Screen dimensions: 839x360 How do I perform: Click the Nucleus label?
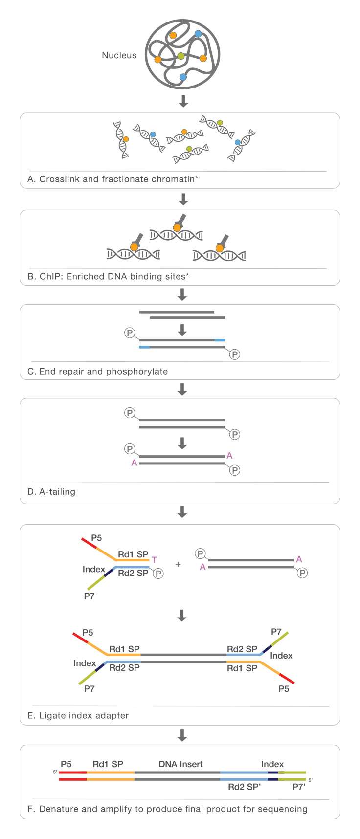point(119,55)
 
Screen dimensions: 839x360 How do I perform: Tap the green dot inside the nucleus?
point(181,56)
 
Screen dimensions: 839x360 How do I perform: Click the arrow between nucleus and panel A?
point(183,101)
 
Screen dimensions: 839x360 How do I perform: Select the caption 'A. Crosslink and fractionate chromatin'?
point(112,179)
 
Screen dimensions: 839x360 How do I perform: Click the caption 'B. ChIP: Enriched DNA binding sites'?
point(108,276)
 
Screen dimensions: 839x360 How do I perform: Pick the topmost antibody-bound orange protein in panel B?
point(177,226)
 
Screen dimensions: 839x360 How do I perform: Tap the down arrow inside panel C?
point(182,330)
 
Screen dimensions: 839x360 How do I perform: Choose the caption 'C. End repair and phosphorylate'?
point(97,371)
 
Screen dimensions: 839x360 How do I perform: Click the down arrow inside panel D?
point(182,443)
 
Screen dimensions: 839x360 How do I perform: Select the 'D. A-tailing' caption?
point(51,491)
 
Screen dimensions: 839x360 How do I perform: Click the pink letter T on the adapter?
point(154,560)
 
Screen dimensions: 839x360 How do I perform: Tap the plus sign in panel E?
point(178,564)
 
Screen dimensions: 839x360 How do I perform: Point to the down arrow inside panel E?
point(182,615)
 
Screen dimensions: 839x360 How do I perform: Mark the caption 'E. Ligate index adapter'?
point(78,715)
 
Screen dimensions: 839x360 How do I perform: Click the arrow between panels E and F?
point(182,735)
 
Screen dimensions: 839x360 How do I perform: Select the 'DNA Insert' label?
point(180,764)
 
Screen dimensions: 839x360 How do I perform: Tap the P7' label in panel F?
point(299,787)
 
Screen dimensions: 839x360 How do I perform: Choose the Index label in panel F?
point(272,764)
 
